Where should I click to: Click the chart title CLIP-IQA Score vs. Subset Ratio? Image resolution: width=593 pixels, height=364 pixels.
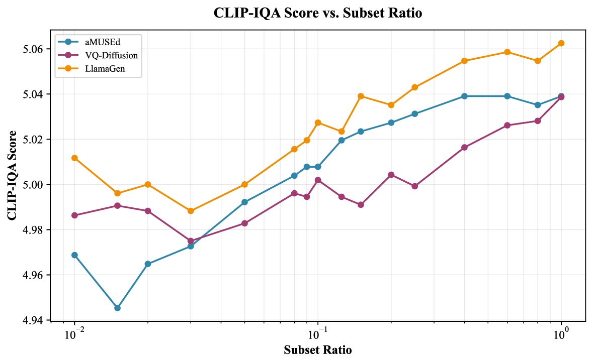pyautogui.click(x=317, y=14)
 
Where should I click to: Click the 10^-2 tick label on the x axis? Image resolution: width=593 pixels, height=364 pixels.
pyautogui.click(x=74, y=333)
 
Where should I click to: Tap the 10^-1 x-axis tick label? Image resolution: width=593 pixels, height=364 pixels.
pyautogui.click(x=317, y=333)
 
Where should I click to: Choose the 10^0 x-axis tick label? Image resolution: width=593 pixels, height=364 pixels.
pyautogui.click(x=561, y=333)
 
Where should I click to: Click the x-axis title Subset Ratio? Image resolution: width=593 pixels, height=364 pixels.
pyautogui.click(x=317, y=350)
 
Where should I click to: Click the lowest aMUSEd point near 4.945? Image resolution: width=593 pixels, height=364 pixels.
pyautogui.click(x=117, y=308)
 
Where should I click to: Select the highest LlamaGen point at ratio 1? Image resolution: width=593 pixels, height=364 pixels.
pyautogui.click(x=561, y=43)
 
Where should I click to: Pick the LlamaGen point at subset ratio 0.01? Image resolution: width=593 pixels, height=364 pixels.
pyautogui.click(x=74, y=158)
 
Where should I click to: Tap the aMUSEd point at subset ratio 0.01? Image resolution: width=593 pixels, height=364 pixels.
pyautogui.click(x=74, y=255)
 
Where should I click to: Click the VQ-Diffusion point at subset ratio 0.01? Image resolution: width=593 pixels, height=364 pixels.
pyautogui.click(x=74, y=215)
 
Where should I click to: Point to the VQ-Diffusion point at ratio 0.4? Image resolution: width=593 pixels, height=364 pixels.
pyautogui.click(x=464, y=148)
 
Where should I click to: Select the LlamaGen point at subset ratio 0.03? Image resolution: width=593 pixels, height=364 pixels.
pyautogui.click(x=191, y=211)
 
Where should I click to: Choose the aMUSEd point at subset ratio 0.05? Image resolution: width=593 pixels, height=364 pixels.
pyautogui.click(x=244, y=202)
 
